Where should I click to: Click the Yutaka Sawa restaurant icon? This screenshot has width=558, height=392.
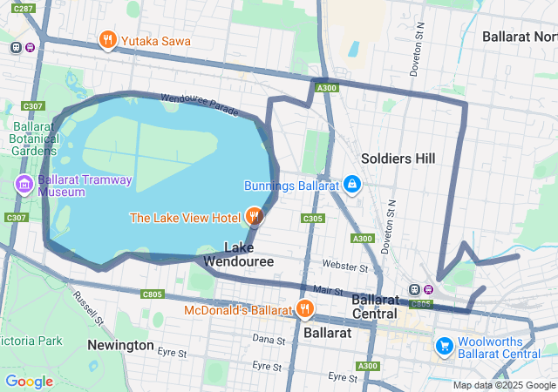coord(108,40)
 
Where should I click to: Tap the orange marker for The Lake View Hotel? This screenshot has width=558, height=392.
coord(254,215)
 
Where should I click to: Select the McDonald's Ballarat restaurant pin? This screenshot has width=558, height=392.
coord(304,308)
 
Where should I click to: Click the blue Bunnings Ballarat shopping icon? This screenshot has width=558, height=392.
coord(351,185)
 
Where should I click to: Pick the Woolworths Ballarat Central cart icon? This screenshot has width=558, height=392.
coord(445,346)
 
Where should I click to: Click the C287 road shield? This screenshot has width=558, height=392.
coord(24,8)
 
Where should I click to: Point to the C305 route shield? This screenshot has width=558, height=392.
coord(313,218)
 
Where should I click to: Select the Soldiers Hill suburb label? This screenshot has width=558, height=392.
coord(398,159)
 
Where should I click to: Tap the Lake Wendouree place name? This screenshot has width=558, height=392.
coord(238,253)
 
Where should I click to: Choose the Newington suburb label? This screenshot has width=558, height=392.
coord(120,345)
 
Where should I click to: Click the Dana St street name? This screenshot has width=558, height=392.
coord(269,338)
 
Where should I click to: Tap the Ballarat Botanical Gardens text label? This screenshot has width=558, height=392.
coord(33,139)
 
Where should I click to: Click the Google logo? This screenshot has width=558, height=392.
coord(29,381)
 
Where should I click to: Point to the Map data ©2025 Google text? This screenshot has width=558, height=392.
coord(504,385)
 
